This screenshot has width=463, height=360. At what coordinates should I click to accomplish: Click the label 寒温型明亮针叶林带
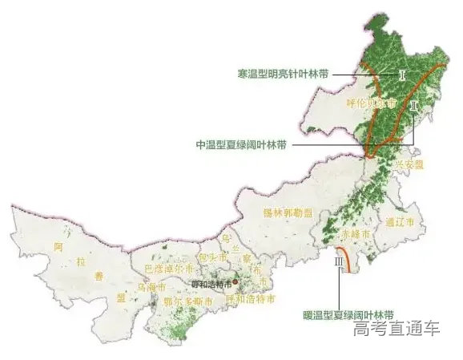[282, 73]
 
